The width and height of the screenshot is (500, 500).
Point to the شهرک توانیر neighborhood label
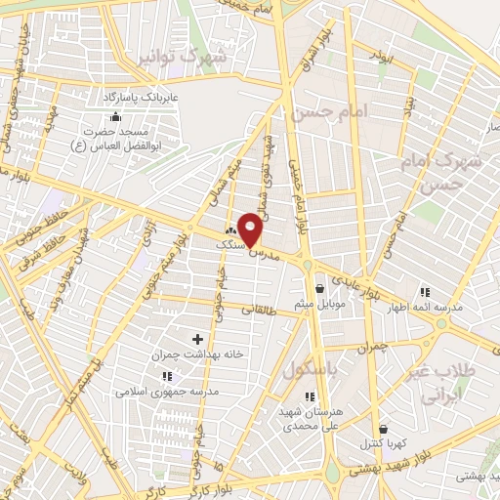[185, 57]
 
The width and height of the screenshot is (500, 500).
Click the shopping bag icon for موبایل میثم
[320, 288]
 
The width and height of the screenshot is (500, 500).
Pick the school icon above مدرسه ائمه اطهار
[423, 291]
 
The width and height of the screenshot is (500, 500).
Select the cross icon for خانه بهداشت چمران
[197, 339]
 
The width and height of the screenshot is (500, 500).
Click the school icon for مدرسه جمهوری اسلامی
[167, 375]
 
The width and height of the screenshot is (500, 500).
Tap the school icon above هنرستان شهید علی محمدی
[310, 396]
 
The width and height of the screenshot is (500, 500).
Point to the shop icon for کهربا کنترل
[382, 429]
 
